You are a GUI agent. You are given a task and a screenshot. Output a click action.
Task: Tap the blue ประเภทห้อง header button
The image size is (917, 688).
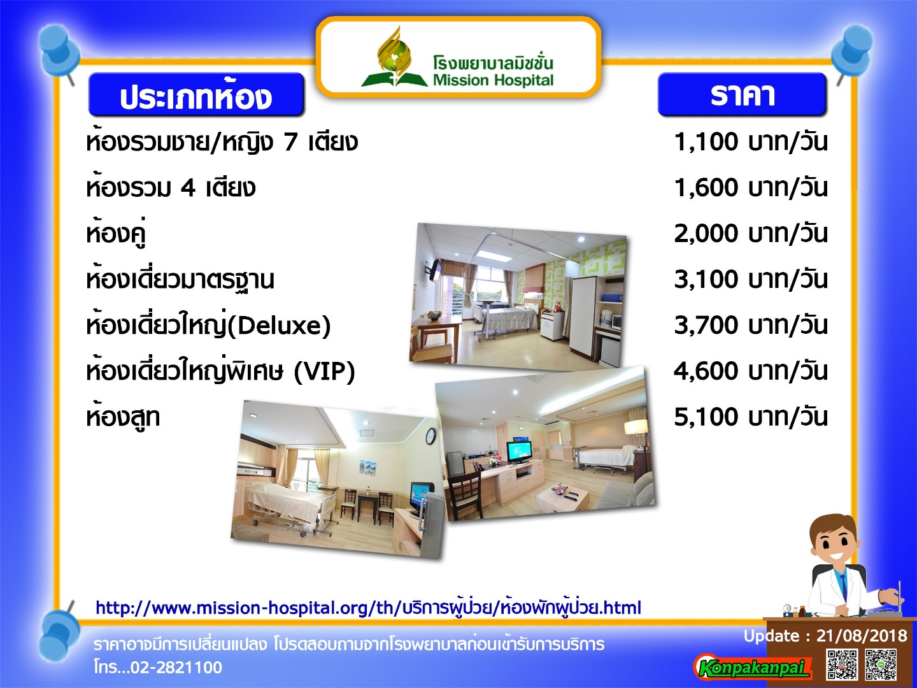pyautogui.click(x=196, y=94)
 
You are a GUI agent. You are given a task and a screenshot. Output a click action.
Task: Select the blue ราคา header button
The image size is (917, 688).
pyautogui.click(x=742, y=94)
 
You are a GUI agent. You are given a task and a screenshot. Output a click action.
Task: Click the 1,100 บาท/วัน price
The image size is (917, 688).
pyautogui.click(x=750, y=142)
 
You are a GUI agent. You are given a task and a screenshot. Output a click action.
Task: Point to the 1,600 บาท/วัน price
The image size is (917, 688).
pyautogui.click(x=750, y=187)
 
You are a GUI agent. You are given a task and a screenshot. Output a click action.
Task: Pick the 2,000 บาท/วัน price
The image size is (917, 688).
pyautogui.click(x=750, y=234)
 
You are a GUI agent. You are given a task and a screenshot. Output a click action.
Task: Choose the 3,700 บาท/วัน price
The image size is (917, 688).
pyautogui.click(x=750, y=326)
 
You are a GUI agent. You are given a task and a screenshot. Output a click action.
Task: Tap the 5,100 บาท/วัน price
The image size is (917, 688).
pyautogui.click(x=750, y=417)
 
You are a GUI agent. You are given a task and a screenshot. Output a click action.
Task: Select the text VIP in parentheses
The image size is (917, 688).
pyautogui.click(x=325, y=371)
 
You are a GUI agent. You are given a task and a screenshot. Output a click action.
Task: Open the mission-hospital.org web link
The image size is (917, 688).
pyautogui.click(x=368, y=607)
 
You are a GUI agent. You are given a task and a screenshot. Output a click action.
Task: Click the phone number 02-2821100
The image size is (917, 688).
pyautogui.click(x=176, y=667)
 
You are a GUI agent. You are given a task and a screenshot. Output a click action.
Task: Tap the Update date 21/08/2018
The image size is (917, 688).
pyautogui.click(x=862, y=635)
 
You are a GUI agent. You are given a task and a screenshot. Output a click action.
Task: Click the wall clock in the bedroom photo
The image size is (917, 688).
pyautogui.click(x=430, y=436)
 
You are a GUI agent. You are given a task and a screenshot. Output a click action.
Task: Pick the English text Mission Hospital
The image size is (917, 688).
pyautogui.click(x=493, y=80)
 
